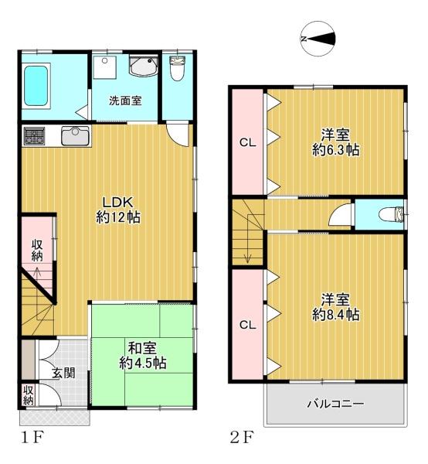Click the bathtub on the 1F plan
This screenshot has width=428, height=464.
click(x=36, y=86)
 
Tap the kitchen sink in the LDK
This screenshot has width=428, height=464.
click(x=76, y=136)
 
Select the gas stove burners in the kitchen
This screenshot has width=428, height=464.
click(x=35, y=136)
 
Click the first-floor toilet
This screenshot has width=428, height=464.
click(x=177, y=69)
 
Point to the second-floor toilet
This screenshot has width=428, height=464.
click(x=391, y=214)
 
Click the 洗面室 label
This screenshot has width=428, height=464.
click(x=125, y=101)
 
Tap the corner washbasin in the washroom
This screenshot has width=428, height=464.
click(x=144, y=66)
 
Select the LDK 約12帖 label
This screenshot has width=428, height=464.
click(x=118, y=210)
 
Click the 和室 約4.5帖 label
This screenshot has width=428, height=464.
click(x=143, y=356)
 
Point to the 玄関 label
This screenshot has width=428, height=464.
click(x=63, y=374)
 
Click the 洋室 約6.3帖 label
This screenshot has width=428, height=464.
click(x=336, y=142)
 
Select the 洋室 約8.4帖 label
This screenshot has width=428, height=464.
click(x=336, y=307)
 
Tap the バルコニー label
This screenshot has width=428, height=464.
click(x=336, y=404)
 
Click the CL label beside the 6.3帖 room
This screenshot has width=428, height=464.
click(x=248, y=143)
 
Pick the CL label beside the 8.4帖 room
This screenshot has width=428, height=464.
click(x=248, y=326)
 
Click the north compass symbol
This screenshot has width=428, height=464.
click(x=318, y=39)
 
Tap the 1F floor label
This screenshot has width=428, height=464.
click(x=32, y=438)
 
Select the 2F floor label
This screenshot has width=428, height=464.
click(x=242, y=438)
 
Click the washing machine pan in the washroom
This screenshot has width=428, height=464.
click(x=104, y=67)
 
